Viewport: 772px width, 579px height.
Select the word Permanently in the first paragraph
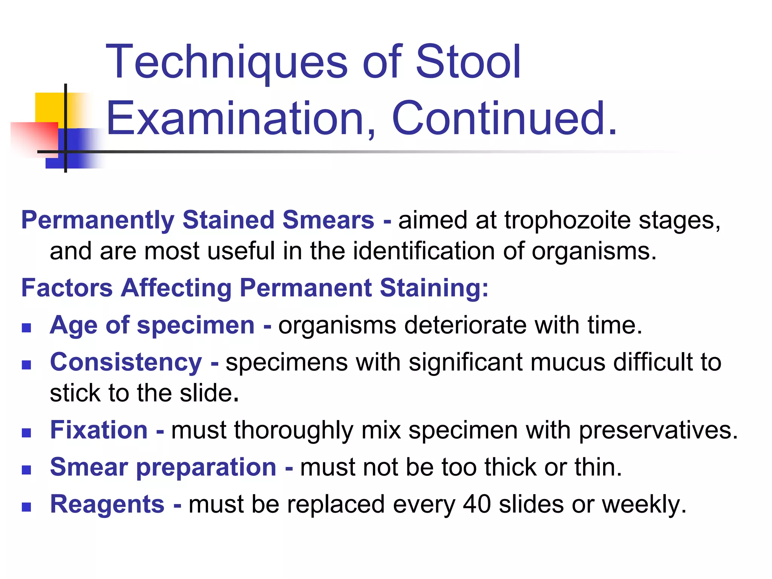[98, 221]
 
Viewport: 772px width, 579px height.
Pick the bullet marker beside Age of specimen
[26, 328]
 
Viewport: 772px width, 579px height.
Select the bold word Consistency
[126, 363]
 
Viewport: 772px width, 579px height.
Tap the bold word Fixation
[99, 430]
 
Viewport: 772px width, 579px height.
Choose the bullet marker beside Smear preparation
[26, 470]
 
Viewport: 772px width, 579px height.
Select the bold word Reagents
[107, 505]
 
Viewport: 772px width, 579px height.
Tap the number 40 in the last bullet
[477, 505]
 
